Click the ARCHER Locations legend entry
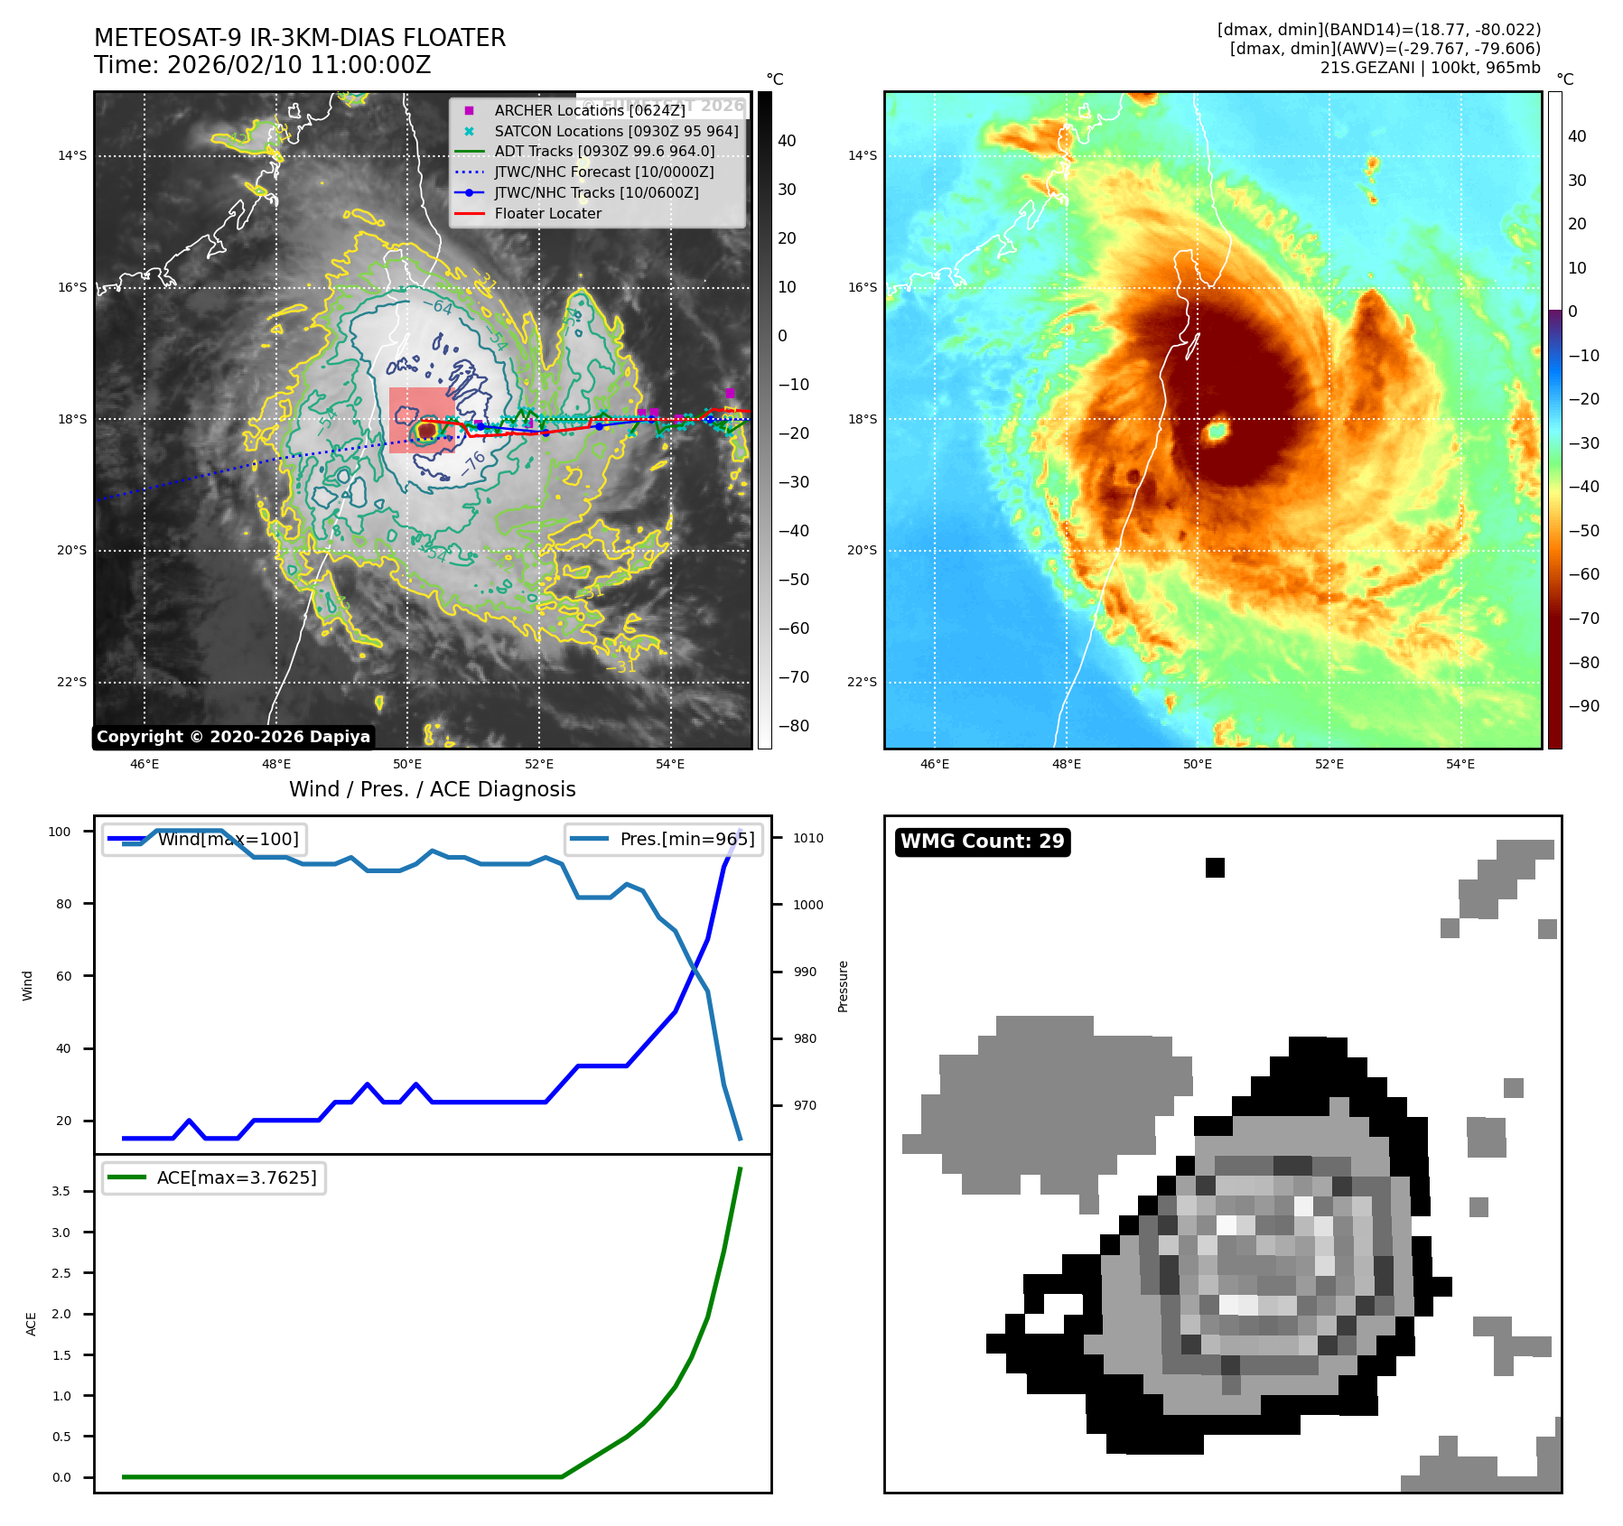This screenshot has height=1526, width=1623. click(589, 110)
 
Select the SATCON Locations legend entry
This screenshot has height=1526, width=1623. click(616, 131)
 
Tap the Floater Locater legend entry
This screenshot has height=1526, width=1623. click(547, 213)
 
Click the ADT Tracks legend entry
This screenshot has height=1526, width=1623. click(603, 152)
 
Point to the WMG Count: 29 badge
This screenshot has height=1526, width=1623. click(982, 842)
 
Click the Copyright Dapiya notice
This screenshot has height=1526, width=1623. click(233, 737)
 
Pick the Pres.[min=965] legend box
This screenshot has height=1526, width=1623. click(664, 839)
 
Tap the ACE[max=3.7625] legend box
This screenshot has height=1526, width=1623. click(214, 1177)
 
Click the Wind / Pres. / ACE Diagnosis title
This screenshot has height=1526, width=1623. click(432, 789)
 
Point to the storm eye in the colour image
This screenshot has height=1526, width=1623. click(1217, 431)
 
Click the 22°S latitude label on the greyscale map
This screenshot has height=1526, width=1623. click(72, 682)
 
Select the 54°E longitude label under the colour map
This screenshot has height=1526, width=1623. click(1460, 764)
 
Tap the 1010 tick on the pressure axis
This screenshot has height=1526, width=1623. click(808, 838)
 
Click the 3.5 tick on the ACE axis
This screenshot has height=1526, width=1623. click(61, 1191)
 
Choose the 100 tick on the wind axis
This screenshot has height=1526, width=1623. click(60, 832)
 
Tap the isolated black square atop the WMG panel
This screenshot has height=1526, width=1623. click(1215, 868)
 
